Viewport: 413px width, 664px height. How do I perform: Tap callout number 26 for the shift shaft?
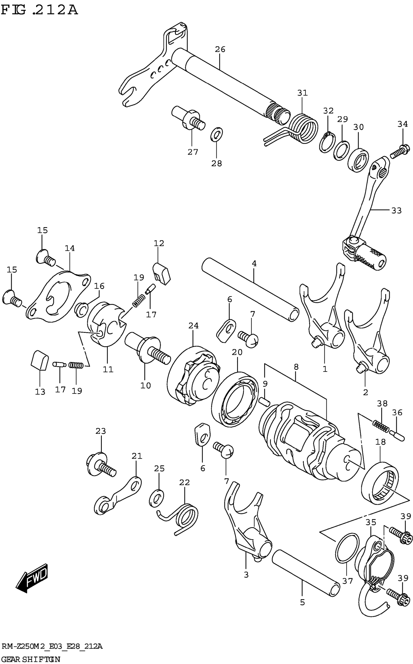coord(220,49)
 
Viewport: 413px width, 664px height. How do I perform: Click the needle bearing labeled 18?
coord(380,484)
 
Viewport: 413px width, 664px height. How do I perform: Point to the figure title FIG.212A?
coord(40,10)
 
